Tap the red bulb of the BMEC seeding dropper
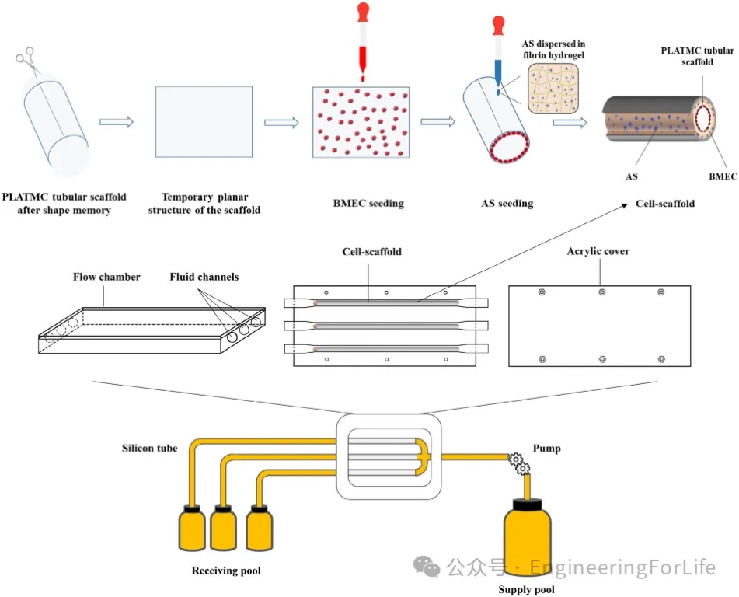[362, 12]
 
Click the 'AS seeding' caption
[507, 204]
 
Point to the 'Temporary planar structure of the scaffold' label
[204, 204]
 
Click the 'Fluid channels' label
[204, 277]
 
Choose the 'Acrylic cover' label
[598, 252]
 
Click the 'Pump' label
[547, 449]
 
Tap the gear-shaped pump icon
[519, 463]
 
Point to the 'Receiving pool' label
[226, 571]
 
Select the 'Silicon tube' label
[149, 449]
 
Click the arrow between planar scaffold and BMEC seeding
[281, 122]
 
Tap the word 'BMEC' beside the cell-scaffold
[723, 176]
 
